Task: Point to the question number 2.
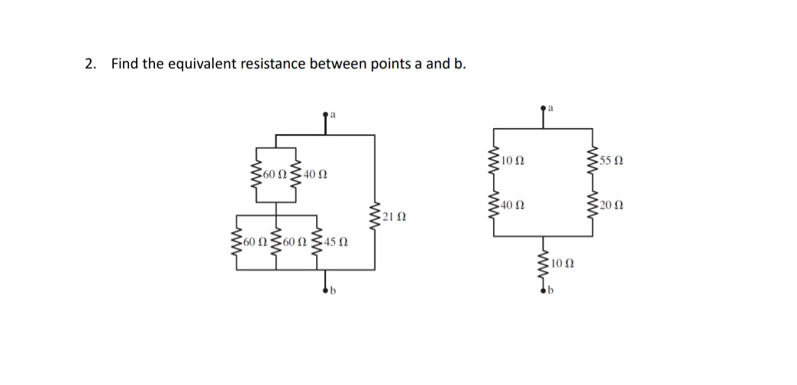tap(90, 63)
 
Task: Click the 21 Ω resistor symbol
tap(373, 217)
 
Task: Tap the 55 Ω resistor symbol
tap(590, 161)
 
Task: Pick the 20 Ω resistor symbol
tap(590, 203)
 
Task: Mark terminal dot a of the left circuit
tap(327, 114)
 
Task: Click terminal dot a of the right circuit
tap(544, 108)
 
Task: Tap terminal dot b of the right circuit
tap(544, 290)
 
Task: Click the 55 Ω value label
tap(611, 161)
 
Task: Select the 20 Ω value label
tap(611, 204)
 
